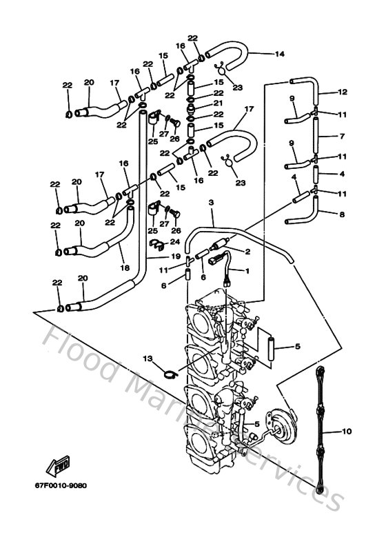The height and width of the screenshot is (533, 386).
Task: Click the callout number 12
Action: pyautogui.click(x=343, y=92)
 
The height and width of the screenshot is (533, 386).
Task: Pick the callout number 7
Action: pyautogui.click(x=343, y=136)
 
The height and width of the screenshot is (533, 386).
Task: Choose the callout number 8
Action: pyautogui.click(x=343, y=214)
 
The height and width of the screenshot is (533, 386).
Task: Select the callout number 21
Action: pyautogui.click(x=218, y=105)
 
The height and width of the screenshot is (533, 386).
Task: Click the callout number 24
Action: pyautogui.click(x=175, y=242)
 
